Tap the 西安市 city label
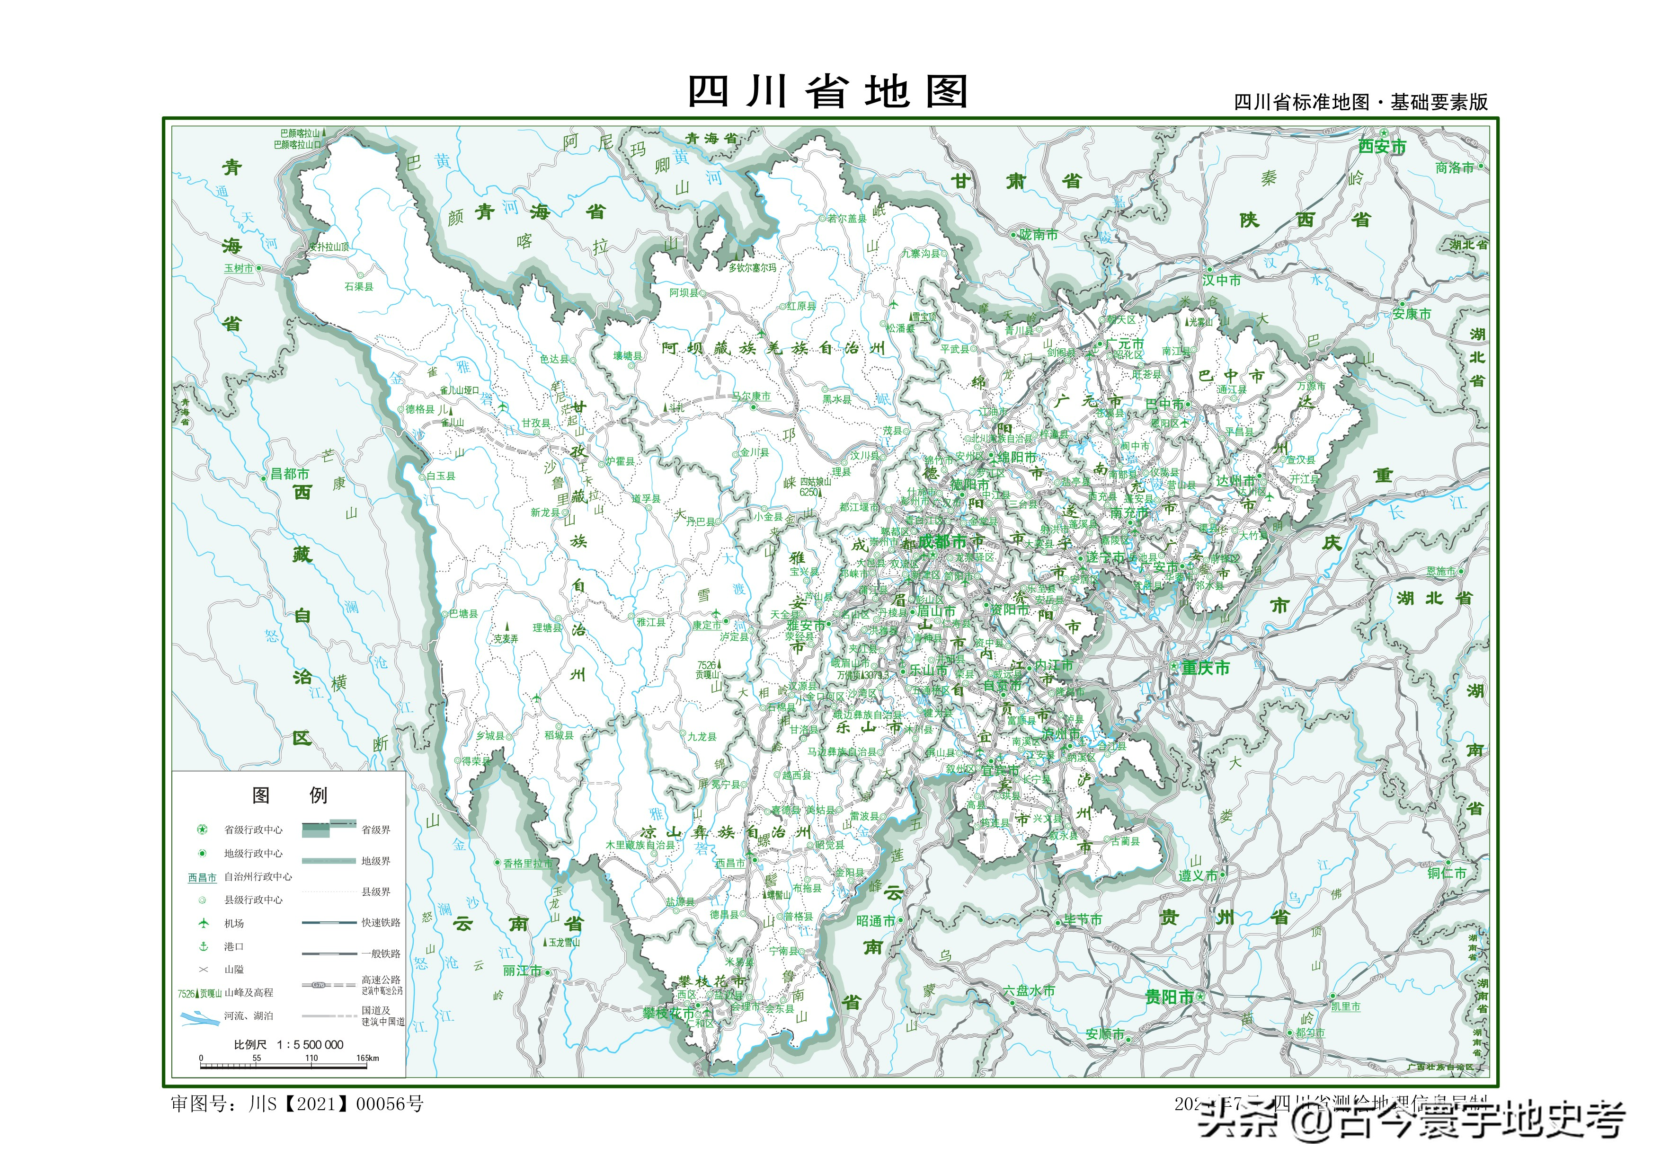[x=1382, y=147]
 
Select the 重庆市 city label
[x=1205, y=668]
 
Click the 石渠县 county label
[x=359, y=286]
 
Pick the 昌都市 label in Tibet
[x=289, y=474]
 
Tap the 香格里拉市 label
[x=527, y=864]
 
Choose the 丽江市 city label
[x=522, y=971]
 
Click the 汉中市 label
[x=1222, y=280]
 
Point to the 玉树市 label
[x=239, y=268]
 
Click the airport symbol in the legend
[x=203, y=923]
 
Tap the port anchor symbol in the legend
[x=203, y=946]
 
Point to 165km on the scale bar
[x=367, y=1058]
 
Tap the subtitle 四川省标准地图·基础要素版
[x=1360, y=103]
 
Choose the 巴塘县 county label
[x=463, y=613]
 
